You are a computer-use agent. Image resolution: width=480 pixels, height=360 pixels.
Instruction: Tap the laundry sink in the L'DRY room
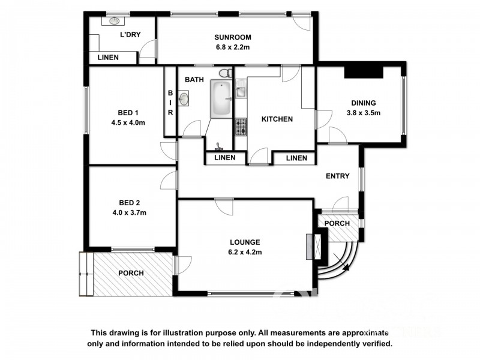115,21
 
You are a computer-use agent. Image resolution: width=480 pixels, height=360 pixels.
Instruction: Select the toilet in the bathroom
224,74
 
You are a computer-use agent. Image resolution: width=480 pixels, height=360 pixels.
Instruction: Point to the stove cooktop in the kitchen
241,127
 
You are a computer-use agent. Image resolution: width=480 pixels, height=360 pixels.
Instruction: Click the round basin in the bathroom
184,99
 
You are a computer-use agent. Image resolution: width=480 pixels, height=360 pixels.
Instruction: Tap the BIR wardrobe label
170,103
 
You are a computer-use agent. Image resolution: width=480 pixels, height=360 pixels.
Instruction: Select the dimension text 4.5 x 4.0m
128,122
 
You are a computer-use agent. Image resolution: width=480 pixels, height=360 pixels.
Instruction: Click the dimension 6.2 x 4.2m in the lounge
245,253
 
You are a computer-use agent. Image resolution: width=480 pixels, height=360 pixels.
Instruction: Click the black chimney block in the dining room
364,71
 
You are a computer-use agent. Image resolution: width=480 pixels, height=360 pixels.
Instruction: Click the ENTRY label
337,176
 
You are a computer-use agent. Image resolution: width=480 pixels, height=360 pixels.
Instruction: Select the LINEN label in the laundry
108,58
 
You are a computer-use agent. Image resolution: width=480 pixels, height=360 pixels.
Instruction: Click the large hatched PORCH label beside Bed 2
131,273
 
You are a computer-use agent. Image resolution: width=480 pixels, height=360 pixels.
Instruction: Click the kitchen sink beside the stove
240,93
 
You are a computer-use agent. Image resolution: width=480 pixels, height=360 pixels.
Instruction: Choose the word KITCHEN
277,119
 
